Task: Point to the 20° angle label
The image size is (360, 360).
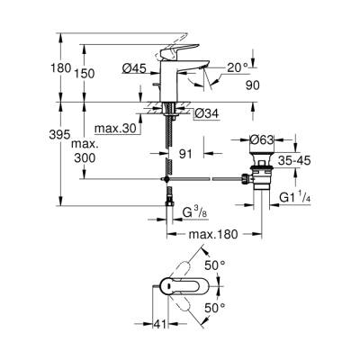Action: [239, 67]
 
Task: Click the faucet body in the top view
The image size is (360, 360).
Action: [180, 287]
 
